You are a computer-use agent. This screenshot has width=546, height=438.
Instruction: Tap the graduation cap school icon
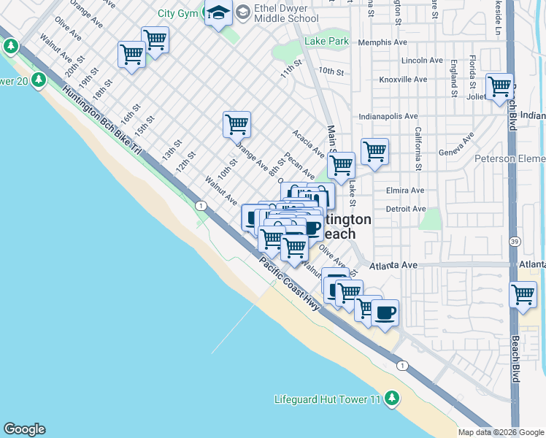point(218,12)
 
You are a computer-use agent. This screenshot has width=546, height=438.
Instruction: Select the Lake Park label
point(327,42)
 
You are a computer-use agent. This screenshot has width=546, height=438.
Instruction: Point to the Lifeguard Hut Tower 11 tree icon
point(393,398)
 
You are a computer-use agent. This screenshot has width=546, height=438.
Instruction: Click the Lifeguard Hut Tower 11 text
point(328,399)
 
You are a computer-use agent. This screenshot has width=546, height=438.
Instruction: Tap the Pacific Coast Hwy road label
point(290,284)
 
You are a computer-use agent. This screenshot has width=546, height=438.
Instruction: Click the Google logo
point(24,429)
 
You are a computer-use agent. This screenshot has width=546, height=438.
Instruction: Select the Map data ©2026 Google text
point(501,432)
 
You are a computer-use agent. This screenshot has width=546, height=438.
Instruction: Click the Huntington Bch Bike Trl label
point(101,120)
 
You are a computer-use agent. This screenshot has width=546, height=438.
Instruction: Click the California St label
point(419,148)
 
